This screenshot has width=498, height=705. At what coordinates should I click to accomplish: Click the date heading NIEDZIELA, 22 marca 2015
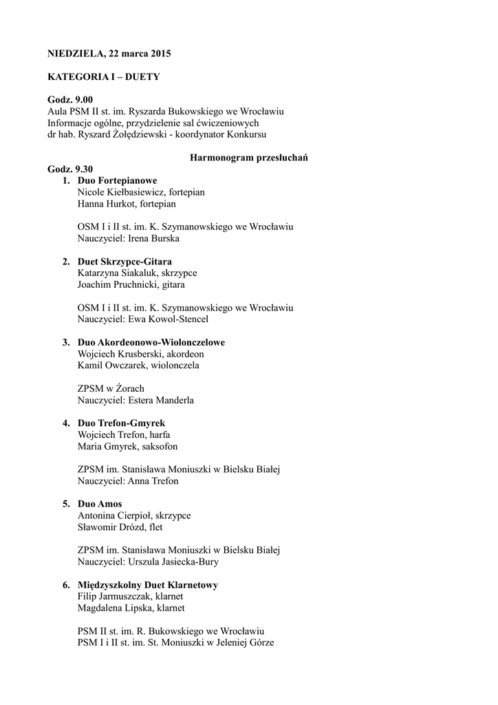[109, 53]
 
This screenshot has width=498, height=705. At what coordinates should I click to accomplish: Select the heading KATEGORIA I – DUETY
[103, 76]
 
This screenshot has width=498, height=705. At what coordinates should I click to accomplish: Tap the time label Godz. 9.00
[70, 100]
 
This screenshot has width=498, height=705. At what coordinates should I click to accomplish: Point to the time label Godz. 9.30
[70, 169]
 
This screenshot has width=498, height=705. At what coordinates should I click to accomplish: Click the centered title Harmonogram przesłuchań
[248, 158]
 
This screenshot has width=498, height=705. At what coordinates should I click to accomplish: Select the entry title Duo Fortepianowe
[118, 180]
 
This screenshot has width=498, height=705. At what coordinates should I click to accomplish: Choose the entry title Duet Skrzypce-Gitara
[124, 262]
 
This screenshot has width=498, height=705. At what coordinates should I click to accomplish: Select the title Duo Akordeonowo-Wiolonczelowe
[151, 342]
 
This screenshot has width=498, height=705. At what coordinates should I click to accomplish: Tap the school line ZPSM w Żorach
[111, 388]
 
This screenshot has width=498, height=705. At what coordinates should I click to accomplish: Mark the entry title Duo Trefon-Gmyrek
[122, 423]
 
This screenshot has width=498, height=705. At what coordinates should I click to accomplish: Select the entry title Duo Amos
[100, 504]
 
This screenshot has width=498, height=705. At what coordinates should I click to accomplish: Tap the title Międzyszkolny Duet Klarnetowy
[148, 585]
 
